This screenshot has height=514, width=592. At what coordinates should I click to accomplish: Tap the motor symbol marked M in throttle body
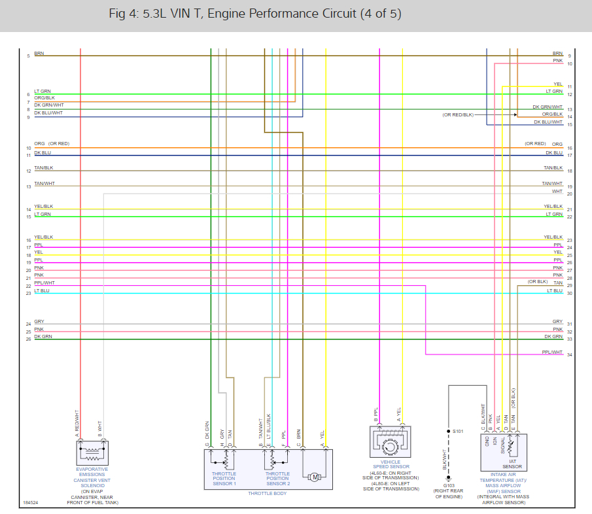pyautogui.click(x=315, y=477)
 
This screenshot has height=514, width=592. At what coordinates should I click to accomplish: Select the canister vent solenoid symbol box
pyautogui.click(x=92, y=452)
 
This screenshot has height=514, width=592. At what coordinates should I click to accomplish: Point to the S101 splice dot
pyautogui.click(x=449, y=432)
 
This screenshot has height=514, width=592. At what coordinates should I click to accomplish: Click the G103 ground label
pyautogui.click(x=449, y=485)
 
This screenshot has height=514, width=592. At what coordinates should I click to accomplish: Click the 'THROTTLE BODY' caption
pyautogui.click(x=267, y=493)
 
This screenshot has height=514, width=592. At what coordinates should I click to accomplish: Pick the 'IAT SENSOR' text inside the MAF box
pyautogui.click(x=512, y=464)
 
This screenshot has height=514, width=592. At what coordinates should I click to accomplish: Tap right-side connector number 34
pyautogui.click(x=570, y=355)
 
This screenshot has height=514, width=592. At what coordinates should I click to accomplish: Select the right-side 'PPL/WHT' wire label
pyautogui.click(x=552, y=352)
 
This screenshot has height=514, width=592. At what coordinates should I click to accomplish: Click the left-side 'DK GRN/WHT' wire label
pyautogui.click(x=49, y=105)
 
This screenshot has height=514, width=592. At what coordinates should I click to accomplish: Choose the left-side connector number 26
pyautogui.click(x=28, y=339)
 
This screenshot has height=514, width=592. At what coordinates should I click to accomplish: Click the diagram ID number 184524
pyautogui.click(x=30, y=503)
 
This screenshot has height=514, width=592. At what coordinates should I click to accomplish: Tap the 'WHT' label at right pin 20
pyautogui.click(x=557, y=192)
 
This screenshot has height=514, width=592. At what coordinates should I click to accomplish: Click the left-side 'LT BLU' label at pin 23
pyautogui.click(x=42, y=290)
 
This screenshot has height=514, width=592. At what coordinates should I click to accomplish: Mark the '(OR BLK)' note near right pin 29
pyautogui.click(x=538, y=281)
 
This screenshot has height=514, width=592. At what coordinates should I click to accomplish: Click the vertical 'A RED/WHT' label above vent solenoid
pyautogui.click(x=77, y=423)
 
